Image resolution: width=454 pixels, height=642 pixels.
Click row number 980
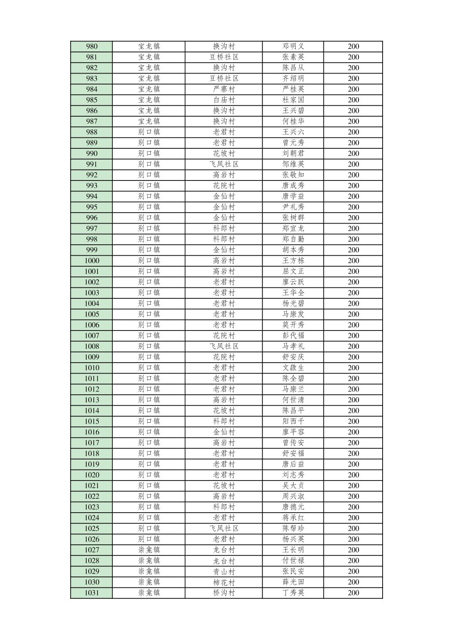92,46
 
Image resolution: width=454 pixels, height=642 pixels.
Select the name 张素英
293,57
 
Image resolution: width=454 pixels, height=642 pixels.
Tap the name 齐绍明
293,79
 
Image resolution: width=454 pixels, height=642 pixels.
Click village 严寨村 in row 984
224,89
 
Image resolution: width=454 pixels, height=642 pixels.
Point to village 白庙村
224,100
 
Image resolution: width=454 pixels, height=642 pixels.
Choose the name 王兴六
293,132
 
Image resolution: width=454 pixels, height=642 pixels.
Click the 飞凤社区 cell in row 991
224,164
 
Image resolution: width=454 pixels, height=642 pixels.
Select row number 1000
92,261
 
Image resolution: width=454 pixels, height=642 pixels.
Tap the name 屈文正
293,271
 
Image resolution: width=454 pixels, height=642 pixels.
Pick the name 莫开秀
293,325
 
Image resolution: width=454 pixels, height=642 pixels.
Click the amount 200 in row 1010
353,368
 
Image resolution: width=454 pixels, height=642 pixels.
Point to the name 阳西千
293,421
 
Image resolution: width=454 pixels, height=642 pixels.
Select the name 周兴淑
293,496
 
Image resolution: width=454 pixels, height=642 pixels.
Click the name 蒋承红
293,518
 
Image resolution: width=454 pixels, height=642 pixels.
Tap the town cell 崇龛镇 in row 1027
149,550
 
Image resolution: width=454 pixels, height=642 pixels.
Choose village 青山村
224,571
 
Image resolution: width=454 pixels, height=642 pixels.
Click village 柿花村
224,582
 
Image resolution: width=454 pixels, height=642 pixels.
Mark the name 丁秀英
293,593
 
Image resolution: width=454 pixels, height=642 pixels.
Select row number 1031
92,593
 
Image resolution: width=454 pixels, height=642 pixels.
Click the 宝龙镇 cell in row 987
149,121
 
